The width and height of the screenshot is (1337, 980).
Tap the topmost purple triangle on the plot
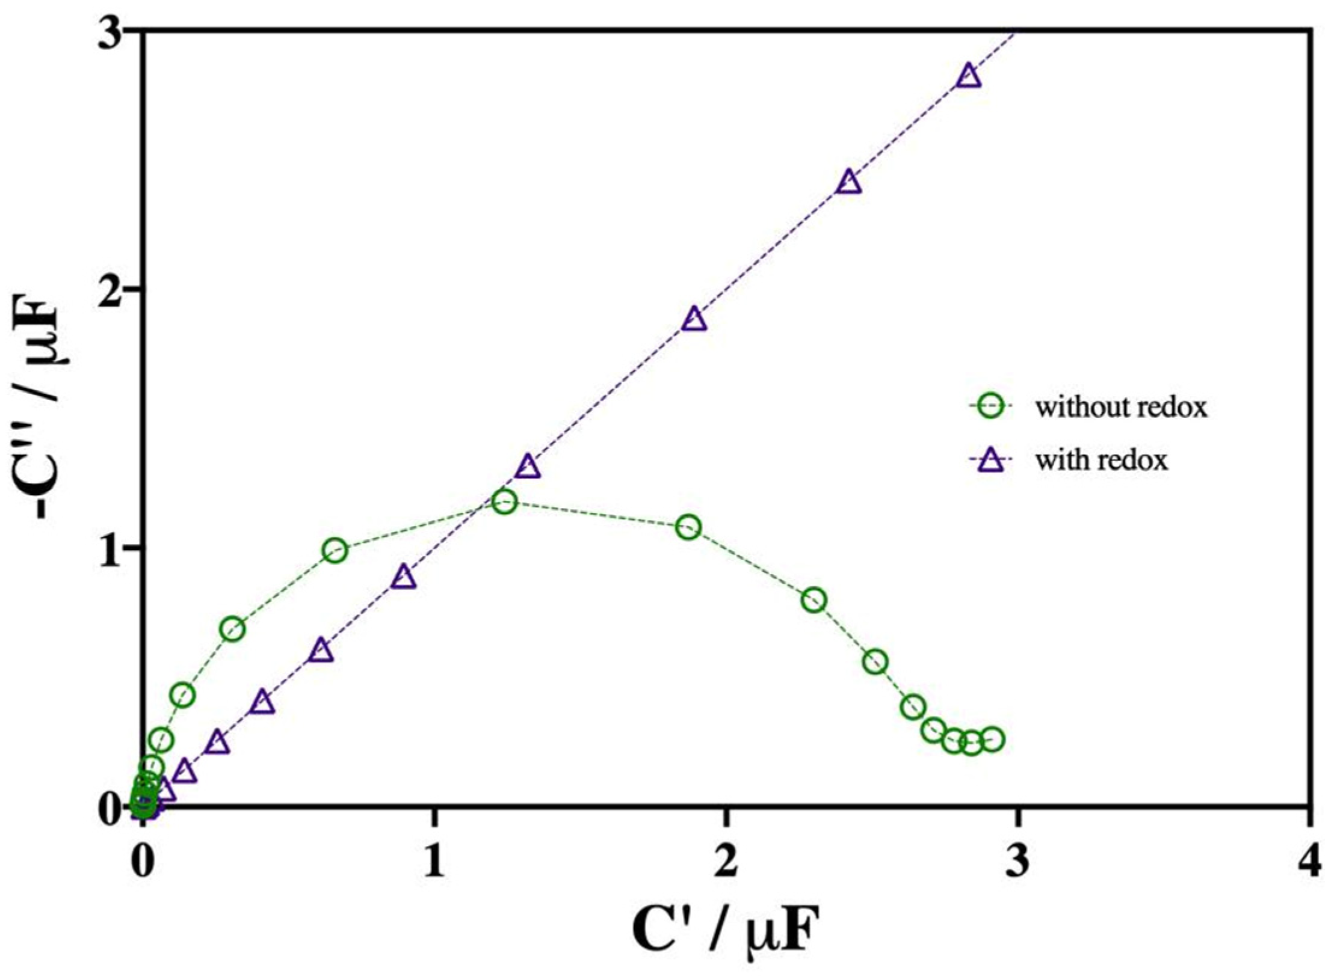tap(969, 77)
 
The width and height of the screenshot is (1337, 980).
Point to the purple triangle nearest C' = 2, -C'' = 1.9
tap(694, 320)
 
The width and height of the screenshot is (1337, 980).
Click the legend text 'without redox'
tap(1121, 408)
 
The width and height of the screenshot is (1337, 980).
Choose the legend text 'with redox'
tap(1101, 461)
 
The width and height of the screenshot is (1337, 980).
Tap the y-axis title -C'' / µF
tap(53, 415)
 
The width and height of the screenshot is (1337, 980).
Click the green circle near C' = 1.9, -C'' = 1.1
tap(688, 528)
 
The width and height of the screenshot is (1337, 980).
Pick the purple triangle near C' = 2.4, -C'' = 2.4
tap(849, 182)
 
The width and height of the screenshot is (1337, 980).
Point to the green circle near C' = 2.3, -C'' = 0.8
tap(814, 600)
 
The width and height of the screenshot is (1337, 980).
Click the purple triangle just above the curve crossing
tap(528, 467)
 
